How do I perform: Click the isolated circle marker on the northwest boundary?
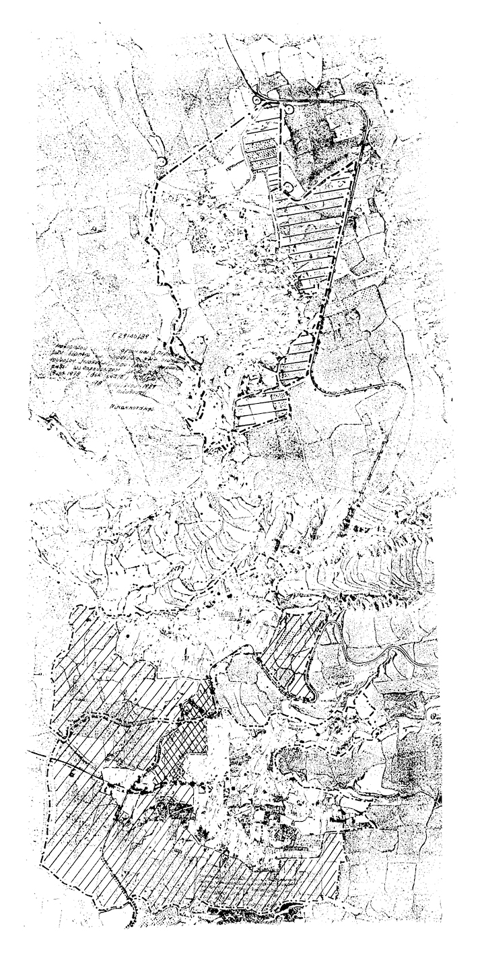(162, 162)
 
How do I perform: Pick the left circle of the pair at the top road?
(256, 100)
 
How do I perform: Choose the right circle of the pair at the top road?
(287, 108)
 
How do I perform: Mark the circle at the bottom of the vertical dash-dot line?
(288, 186)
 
